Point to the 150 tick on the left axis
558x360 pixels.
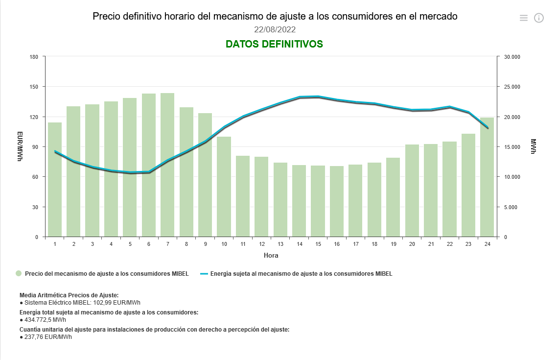pos(34,87)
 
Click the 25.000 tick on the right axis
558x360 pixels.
pos(512,87)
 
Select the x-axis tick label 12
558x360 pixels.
pos(262,244)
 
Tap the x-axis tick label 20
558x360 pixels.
pos(412,244)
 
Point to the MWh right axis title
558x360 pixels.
pos(534,146)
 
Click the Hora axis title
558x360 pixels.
pos(271,256)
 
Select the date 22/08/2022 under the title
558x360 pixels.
pos(275,30)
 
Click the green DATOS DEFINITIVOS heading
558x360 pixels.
pos(274,44)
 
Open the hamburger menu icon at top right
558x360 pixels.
pos(524,18)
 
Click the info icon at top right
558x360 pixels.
pos(539,18)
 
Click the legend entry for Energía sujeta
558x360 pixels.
pos(301,274)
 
